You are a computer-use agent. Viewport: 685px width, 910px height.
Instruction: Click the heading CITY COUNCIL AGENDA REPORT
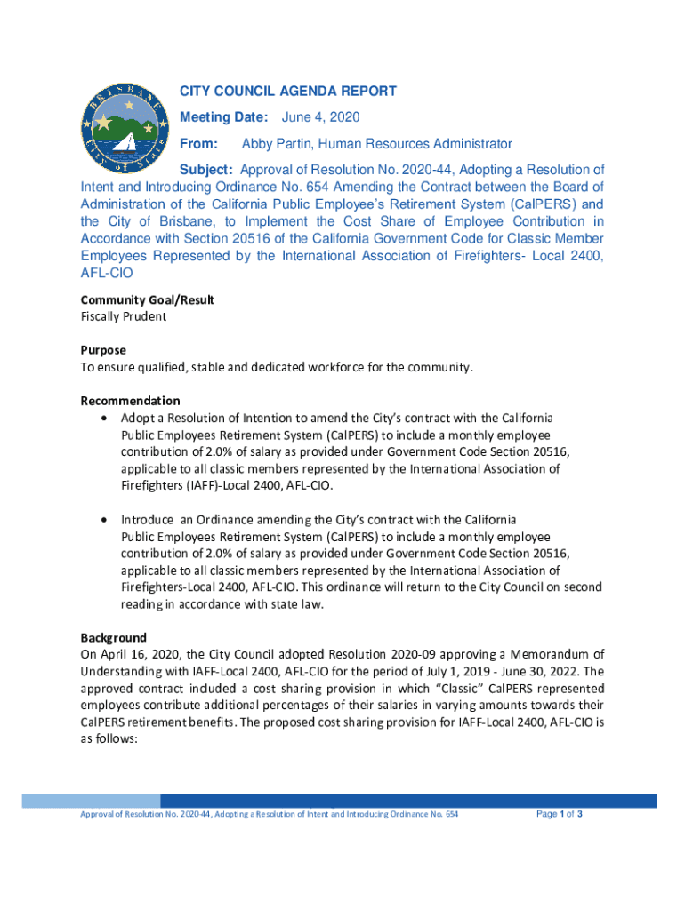pyautogui.click(x=288, y=92)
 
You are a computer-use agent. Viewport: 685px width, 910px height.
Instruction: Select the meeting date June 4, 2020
pyautogui.click(x=321, y=117)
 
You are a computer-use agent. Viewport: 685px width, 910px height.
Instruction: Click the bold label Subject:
pyautogui.click(x=207, y=170)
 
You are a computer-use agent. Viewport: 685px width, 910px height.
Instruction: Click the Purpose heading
pyautogui.click(x=103, y=350)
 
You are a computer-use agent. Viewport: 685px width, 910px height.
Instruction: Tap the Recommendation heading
pyautogui.click(x=130, y=401)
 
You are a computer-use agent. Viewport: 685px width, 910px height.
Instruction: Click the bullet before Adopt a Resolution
pyautogui.click(x=107, y=418)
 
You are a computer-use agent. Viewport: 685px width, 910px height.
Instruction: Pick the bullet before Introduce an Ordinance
pyautogui.click(x=107, y=519)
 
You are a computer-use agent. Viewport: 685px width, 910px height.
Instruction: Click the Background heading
pyautogui.click(x=114, y=637)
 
